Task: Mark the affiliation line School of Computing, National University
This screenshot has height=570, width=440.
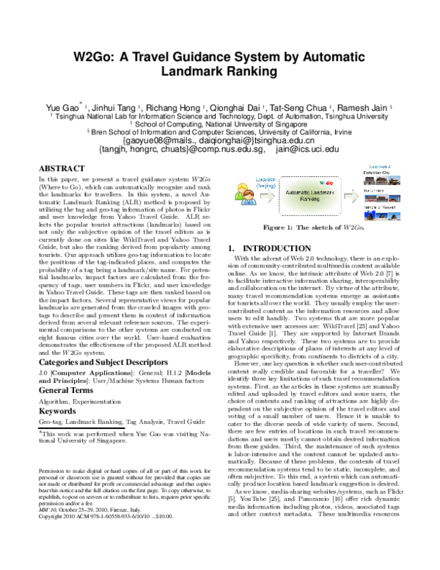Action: tap(220, 123)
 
